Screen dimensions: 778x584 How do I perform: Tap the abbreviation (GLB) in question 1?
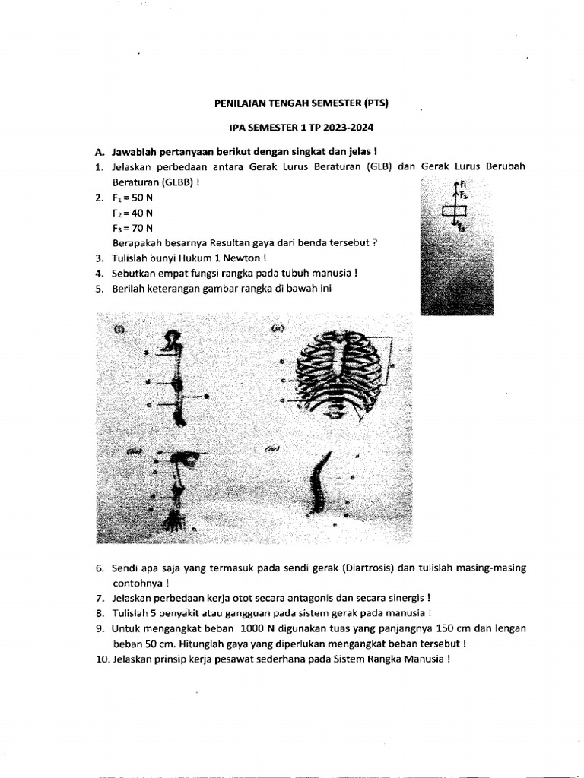(377, 167)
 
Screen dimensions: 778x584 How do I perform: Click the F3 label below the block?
(462, 227)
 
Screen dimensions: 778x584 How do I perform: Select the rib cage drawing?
(338, 373)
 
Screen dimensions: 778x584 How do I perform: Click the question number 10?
(102, 659)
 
